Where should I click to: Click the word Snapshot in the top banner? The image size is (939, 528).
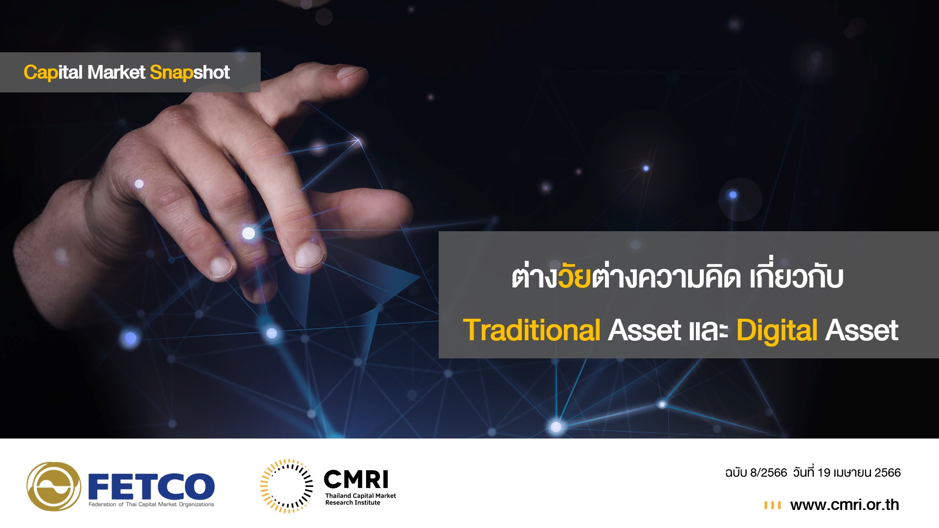pos(190,73)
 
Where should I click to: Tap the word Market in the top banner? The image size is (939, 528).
pos(116,72)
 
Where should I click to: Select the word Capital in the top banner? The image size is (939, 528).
pos(53,73)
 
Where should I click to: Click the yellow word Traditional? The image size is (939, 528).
pos(532,330)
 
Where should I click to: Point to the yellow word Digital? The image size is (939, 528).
pos(777,331)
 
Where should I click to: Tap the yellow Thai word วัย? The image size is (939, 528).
pos(575,276)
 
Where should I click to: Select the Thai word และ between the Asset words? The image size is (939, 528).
pos(709,331)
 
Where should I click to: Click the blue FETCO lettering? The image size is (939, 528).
pos(151,486)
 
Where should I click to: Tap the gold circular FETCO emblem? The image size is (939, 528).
pos(54,486)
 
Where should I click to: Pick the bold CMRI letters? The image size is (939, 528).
pos(356,479)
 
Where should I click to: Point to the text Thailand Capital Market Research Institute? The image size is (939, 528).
pos(360,499)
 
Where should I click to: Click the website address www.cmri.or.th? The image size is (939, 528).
pos(845,505)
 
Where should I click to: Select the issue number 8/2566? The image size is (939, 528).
pos(768,473)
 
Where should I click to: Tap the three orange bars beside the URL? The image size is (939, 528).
pos(772,505)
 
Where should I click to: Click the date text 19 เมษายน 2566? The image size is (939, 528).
pos(859,473)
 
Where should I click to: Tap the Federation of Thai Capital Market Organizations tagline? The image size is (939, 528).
pos(151,505)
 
